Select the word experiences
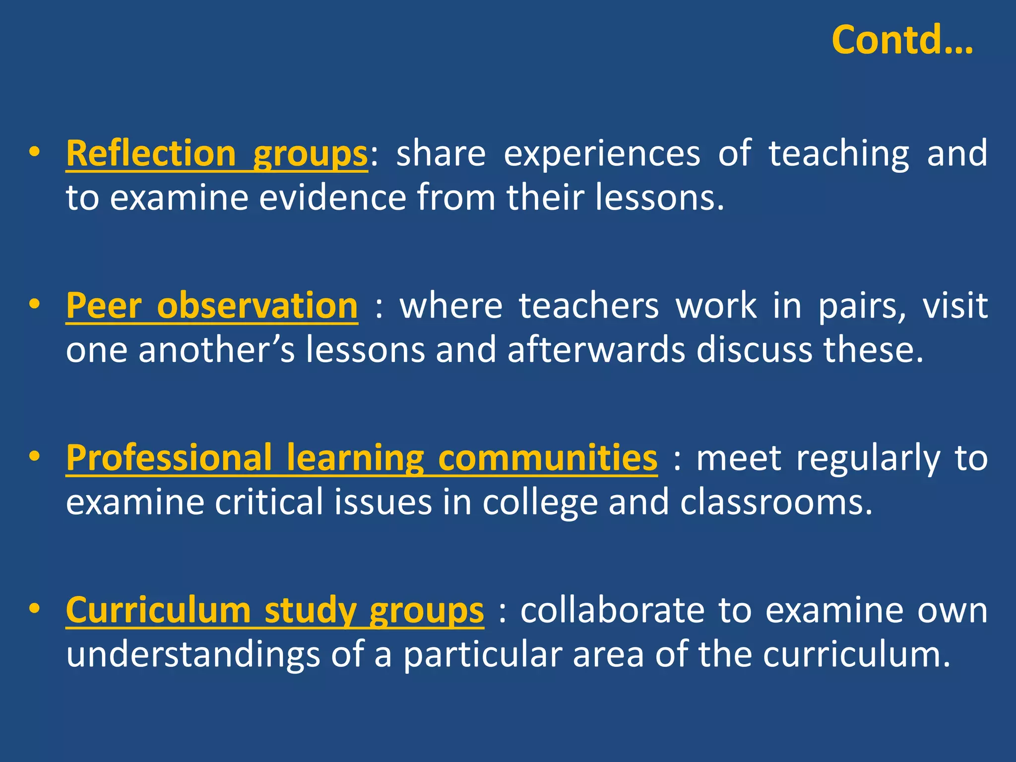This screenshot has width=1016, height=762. click(x=602, y=154)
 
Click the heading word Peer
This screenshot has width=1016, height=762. click(x=104, y=306)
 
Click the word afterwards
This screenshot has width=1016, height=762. click(x=596, y=350)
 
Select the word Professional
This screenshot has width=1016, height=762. click(x=169, y=458)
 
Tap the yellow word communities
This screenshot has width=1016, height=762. click(x=548, y=458)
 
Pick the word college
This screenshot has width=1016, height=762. click(x=540, y=503)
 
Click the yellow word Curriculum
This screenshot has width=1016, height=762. click(x=158, y=610)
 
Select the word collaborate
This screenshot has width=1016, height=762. click(x=612, y=610)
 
